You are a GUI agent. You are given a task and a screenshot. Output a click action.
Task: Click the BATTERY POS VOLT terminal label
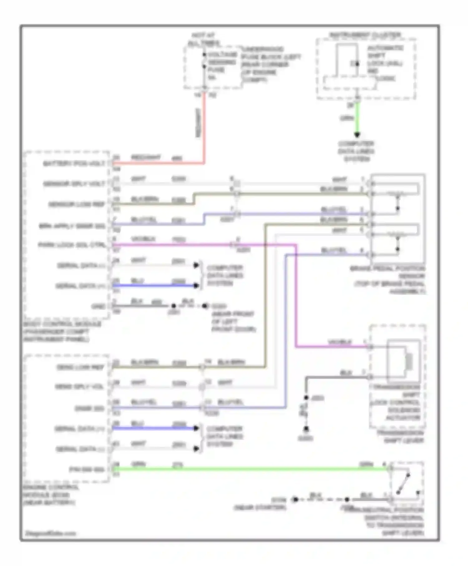click(74, 163)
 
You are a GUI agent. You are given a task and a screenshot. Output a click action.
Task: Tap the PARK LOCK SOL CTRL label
click(72, 245)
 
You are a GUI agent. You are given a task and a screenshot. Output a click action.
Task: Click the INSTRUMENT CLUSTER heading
click(365, 35)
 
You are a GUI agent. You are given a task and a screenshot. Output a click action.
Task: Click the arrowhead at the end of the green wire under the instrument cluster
click(357, 135)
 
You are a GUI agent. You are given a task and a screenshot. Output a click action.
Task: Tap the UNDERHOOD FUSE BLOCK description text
click(271, 64)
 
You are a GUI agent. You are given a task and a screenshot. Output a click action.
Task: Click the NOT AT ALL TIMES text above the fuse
click(203, 39)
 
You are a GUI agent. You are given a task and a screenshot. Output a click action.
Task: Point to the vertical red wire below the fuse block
click(204, 125)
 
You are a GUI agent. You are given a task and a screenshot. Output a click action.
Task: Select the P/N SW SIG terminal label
click(86, 469)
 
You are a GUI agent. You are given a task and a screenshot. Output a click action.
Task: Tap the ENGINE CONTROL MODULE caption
click(50, 495)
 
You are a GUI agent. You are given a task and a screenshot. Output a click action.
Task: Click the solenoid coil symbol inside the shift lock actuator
click(409, 361)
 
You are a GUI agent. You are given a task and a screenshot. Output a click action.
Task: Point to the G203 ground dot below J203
click(306, 429)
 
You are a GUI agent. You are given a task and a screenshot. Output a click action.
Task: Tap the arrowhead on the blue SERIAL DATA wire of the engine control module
click(196, 428)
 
